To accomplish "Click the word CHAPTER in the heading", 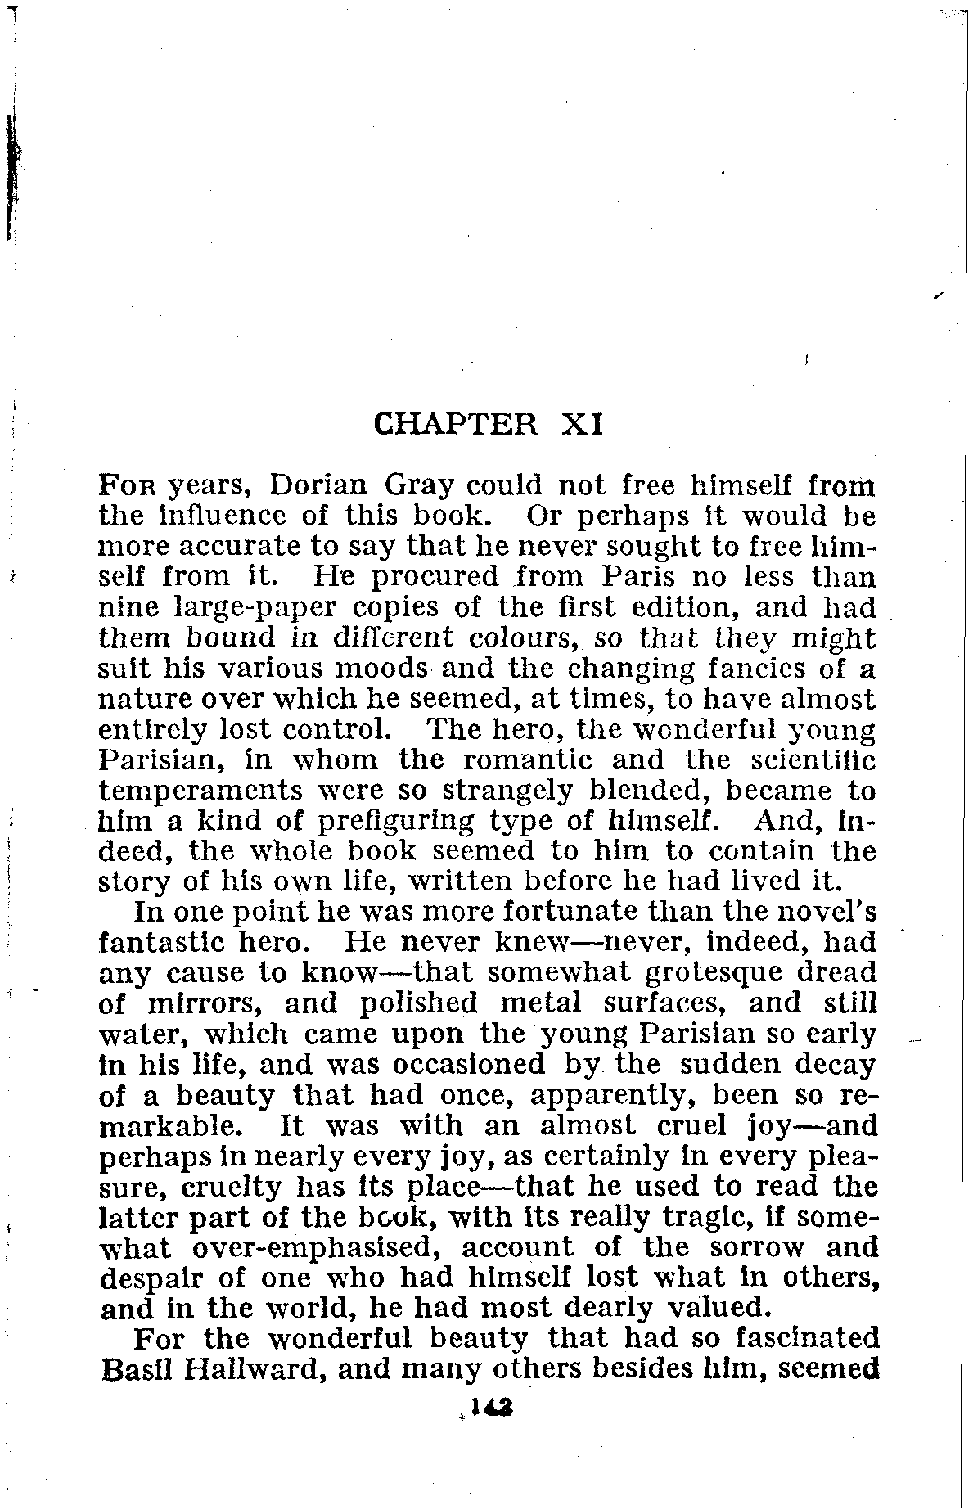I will tap(456, 426).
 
